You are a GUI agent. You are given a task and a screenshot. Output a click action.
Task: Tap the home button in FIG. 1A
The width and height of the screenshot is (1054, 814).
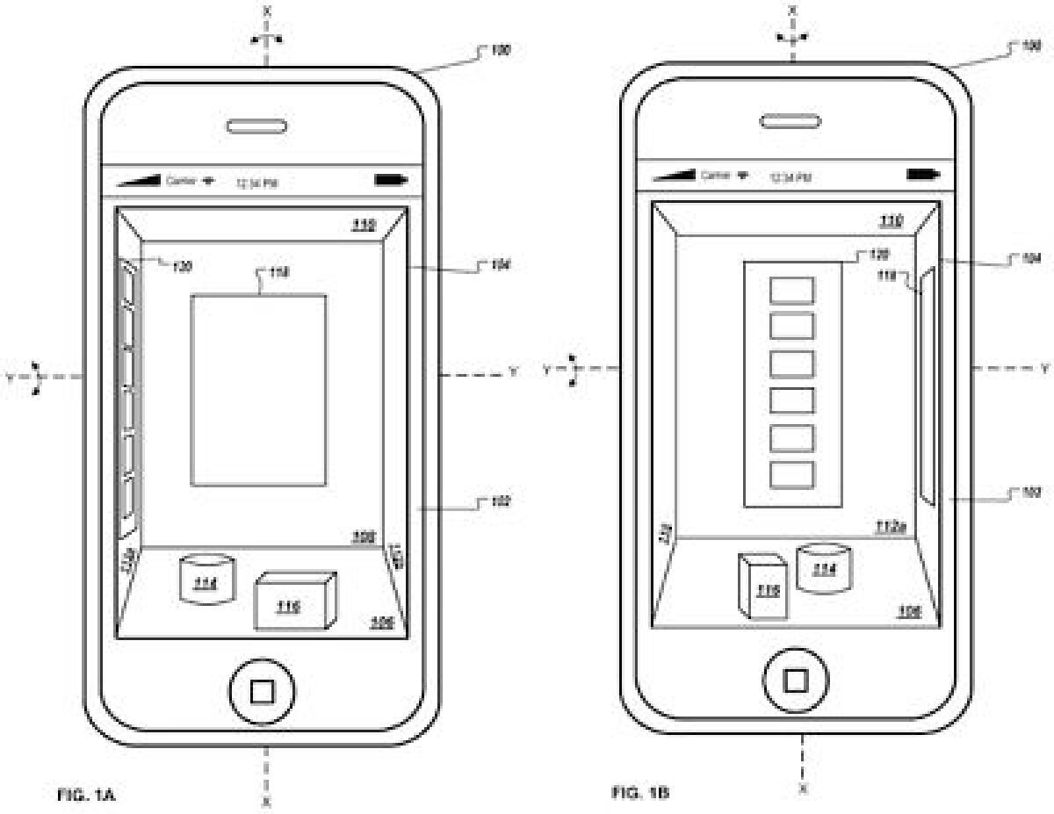click(x=262, y=692)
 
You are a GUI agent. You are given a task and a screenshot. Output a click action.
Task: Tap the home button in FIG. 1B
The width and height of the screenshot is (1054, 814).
click(x=796, y=680)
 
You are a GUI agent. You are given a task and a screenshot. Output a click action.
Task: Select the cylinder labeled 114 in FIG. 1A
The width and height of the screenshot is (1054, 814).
click(x=207, y=579)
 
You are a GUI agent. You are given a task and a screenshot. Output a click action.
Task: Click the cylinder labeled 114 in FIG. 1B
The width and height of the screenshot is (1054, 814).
click(x=823, y=566)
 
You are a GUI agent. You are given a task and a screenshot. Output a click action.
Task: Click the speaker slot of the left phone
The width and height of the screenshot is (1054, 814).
click(x=256, y=126)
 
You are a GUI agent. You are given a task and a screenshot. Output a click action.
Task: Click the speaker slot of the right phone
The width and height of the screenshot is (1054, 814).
click(x=790, y=120)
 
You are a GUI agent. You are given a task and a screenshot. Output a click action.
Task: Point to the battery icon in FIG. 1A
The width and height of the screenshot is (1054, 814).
click(x=391, y=180)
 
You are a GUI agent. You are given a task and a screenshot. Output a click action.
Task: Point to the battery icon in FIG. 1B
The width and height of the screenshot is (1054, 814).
click(x=922, y=174)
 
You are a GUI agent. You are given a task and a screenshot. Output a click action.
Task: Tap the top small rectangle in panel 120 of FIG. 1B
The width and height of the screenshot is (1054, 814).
click(x=792, y=291)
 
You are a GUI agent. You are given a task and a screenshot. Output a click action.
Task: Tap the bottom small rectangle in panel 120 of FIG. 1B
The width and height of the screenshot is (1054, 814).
click(x=792, y=475)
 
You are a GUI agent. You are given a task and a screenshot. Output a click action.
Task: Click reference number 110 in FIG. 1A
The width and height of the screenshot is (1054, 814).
click(x=364, y=225)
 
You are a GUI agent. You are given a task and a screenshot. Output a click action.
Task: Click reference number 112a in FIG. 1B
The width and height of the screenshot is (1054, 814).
click(x=891, y=526)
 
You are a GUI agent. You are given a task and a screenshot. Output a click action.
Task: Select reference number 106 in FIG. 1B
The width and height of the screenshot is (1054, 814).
click(x=908, y=610)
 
